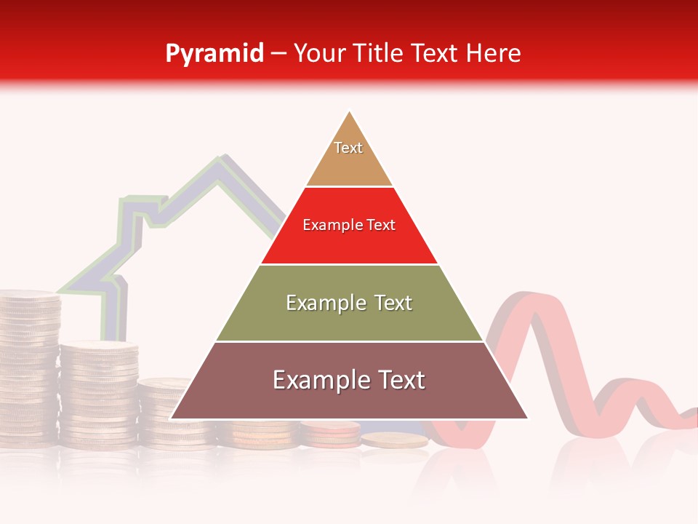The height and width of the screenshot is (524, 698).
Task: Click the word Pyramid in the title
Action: click(214, 53)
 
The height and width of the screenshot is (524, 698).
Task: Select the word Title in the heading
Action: click(382, 53)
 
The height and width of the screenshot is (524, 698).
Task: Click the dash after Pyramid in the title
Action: click(278, 54)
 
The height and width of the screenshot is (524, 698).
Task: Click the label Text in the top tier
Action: click(348, 148)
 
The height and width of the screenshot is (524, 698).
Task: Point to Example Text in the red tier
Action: click(349, 225)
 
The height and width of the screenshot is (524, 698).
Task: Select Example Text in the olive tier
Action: click(349, 303)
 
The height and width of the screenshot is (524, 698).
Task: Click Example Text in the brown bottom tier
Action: click(349, 380)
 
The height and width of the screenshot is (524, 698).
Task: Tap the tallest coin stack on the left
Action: click(29, 364)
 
